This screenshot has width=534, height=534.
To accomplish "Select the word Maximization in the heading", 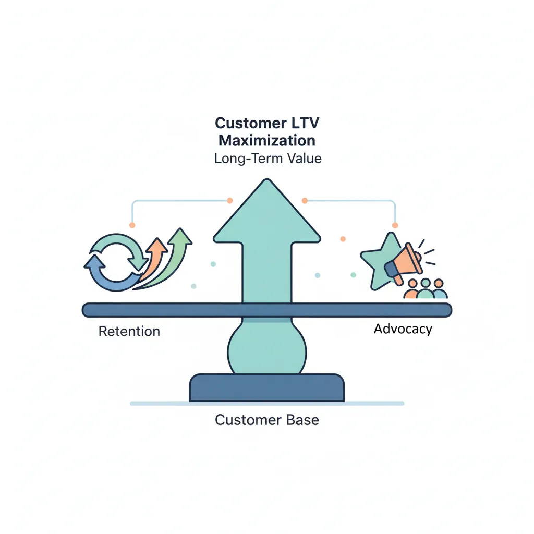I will (x=266, y=140).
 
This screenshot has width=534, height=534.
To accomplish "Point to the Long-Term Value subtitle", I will (x=268, y=158).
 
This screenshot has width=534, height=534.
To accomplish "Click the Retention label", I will (x=129, y=331).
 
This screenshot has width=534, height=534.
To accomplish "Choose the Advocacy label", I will (x=403, y=329).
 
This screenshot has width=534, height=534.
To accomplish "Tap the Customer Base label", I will (x=266, y=420).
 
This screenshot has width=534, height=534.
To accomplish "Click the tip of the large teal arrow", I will (x=267, y=181).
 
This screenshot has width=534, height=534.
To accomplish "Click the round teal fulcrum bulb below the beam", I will (x=266, y=347).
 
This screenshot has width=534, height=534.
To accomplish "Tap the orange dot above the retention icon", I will (x=132, y=225).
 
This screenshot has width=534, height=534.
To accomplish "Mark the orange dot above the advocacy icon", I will (x=395, y=225).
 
